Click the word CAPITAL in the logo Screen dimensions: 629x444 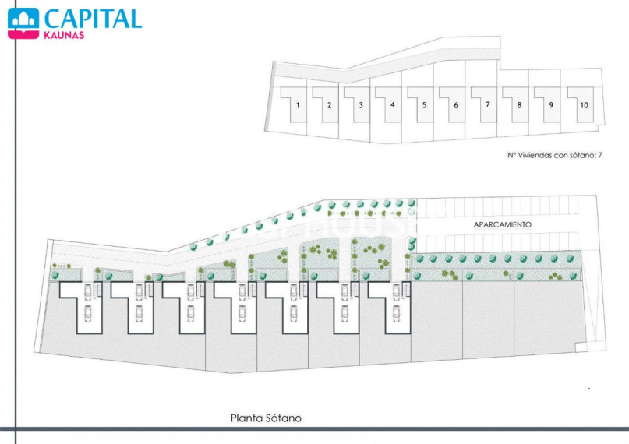[x=93, y=19]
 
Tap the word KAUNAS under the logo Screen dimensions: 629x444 [x=64, y=35]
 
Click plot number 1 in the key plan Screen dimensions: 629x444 [x=298, y=105]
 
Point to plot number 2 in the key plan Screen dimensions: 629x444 [x=330, y=105]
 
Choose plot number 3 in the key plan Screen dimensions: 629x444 [x=361, y=105]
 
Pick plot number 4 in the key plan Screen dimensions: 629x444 [x=393, y=104]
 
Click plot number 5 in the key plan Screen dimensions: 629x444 [x=425, y=105]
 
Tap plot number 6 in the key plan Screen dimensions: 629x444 [x=456, y=105]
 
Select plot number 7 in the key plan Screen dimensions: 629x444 [x=488, y=104]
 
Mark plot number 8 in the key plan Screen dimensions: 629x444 [x=519, y=105]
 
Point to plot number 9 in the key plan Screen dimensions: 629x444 [x=551, y=105]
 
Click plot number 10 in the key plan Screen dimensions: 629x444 [x=584, y=105]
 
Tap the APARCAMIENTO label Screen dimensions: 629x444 [x=503, y=225]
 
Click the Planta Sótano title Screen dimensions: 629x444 [x=266, y=418]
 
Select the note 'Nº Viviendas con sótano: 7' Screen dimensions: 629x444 [x=555, y=155]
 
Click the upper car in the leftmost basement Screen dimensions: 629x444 [x=88, y=291]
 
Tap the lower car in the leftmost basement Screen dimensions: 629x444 [x=88, y=314]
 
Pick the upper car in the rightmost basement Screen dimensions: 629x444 [x=397, y=291]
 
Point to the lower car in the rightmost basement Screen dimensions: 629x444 [x=397, y=314]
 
